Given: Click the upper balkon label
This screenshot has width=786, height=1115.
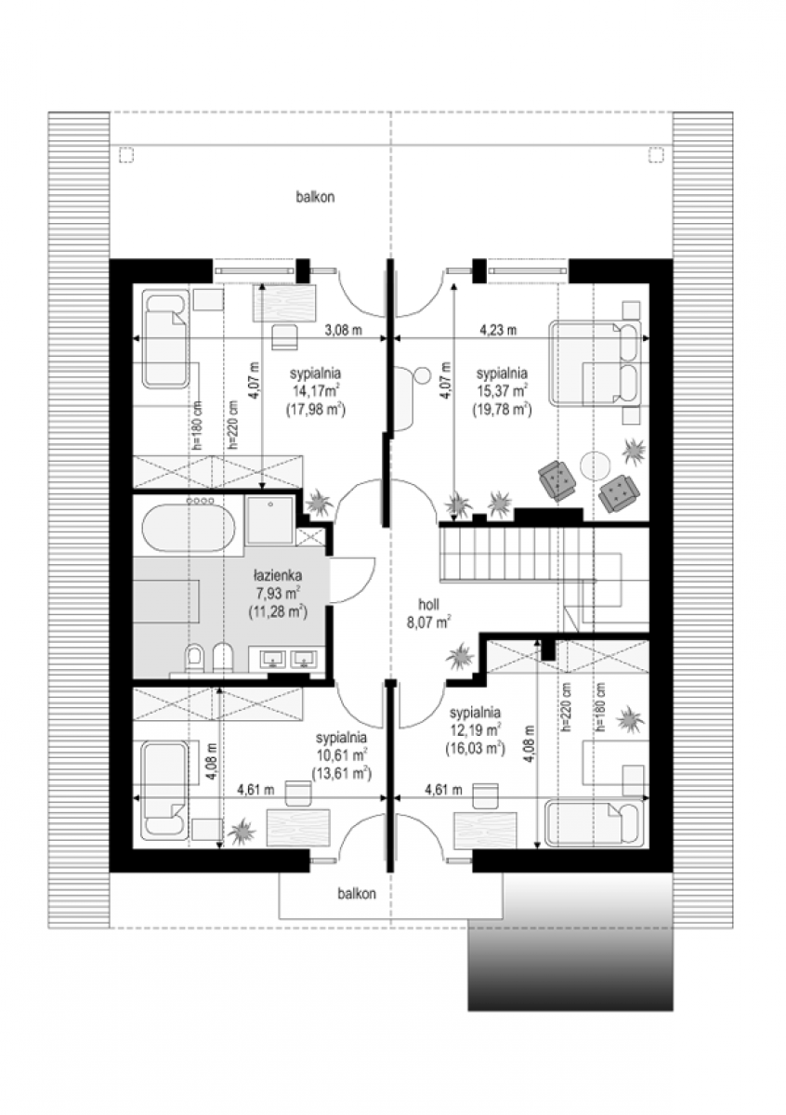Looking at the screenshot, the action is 315,197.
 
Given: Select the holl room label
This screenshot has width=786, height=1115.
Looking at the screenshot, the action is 428,604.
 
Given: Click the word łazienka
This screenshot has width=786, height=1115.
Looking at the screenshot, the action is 277,576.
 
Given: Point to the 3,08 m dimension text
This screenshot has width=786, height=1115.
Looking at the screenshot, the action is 344,330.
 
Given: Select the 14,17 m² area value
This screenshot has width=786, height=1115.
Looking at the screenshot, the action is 316,391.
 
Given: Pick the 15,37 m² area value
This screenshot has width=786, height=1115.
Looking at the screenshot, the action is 503,391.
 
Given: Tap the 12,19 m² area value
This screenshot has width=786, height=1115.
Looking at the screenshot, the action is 475,730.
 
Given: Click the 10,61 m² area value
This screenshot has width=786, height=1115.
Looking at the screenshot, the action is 342,754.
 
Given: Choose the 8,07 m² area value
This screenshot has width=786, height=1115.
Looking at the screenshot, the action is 429,623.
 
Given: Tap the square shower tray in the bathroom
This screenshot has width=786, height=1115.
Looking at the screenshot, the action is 269,520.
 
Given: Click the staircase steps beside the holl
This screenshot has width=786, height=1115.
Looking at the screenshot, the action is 517,554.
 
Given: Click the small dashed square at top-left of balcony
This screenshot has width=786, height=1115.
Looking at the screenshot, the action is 127,155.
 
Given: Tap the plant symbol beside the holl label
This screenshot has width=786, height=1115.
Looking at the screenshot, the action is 460,656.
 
